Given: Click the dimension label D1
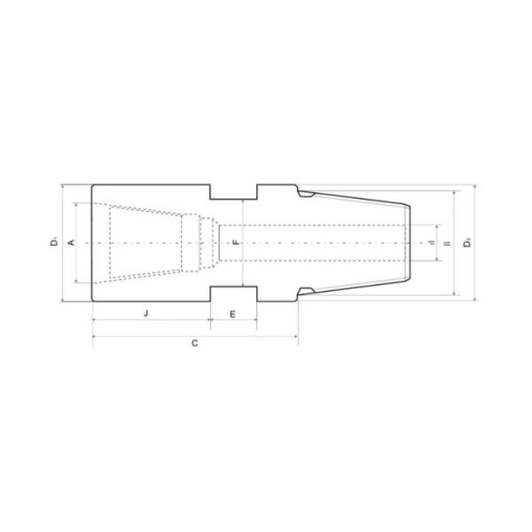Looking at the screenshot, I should (x=55, y=241).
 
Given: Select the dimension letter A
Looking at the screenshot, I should (x=71, y=241).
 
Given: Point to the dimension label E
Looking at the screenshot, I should (x=232, y=314).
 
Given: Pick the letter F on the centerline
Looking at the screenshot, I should (x=235, y=241).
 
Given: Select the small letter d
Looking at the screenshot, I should (x=431, y=242).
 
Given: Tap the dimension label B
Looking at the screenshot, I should (x=447, y=242).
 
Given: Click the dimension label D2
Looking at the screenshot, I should (x=467, y=241).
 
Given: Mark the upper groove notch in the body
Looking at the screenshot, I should (x=233, y=192).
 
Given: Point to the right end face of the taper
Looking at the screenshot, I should (x=410, y=241).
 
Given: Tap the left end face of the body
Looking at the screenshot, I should (x=92, y=241).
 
